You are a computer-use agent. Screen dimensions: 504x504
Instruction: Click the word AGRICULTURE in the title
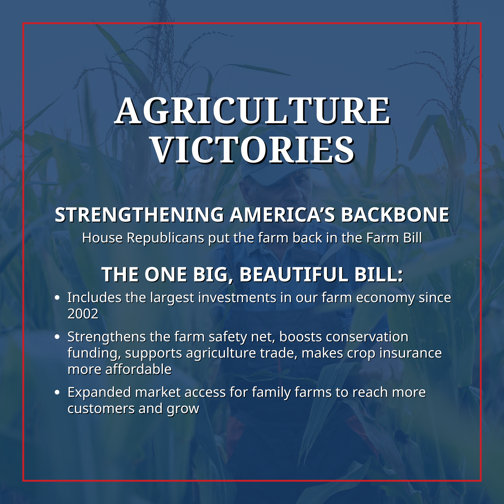click(x=253, y=111)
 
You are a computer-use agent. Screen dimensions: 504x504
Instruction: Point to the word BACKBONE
click(x=395, y=215)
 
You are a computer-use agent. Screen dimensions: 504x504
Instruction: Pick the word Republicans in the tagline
click(x=165, y=238)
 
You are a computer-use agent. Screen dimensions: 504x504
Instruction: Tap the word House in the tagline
click(x=102, y=238)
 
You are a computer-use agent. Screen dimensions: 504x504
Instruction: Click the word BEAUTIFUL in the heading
click(x=294, y=274)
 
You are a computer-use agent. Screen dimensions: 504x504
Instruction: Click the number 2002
click(x=83, y=314)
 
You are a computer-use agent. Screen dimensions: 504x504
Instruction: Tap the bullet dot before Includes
click(x=57, y=298)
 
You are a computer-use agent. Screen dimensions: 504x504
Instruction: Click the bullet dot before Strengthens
click(x=57, y=337)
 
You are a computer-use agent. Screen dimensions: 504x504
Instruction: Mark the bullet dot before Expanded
click(x=57, y=393)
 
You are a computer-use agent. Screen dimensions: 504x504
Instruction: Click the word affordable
click(x=138, y=369)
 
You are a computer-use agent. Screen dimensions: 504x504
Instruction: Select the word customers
click(x=101, y=409)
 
